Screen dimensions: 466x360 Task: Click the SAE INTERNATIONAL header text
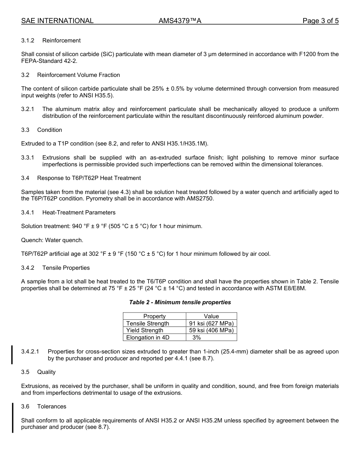click(57, 21)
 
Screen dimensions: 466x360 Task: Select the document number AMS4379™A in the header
click(180, 21)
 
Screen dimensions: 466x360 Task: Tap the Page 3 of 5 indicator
click(320, 21)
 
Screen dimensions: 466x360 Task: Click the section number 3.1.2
click(28, 41)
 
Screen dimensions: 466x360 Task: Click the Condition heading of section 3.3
click(50, 130)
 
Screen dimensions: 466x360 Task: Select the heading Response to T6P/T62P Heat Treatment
click(89, 178)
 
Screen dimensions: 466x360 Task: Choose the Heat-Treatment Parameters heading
click(79, 213)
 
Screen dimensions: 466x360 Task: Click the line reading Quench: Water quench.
click(52, 240)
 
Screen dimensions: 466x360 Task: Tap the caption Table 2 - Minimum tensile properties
click(180, 302)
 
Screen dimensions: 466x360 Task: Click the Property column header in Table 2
click(154, 316)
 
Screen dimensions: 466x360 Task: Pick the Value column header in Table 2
click(211, 316)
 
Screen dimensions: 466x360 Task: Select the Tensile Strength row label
click(148, 324)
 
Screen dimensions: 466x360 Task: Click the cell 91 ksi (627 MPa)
click(211, 324)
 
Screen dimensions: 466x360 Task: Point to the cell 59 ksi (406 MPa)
click(211, 330)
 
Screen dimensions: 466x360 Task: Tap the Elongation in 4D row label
click(148, 338)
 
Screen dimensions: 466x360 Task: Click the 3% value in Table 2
click(196, 338)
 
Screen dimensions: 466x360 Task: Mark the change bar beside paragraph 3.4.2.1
click(12, 355)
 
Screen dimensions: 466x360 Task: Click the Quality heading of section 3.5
click(46, 372)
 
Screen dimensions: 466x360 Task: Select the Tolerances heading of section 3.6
click(52, 407)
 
